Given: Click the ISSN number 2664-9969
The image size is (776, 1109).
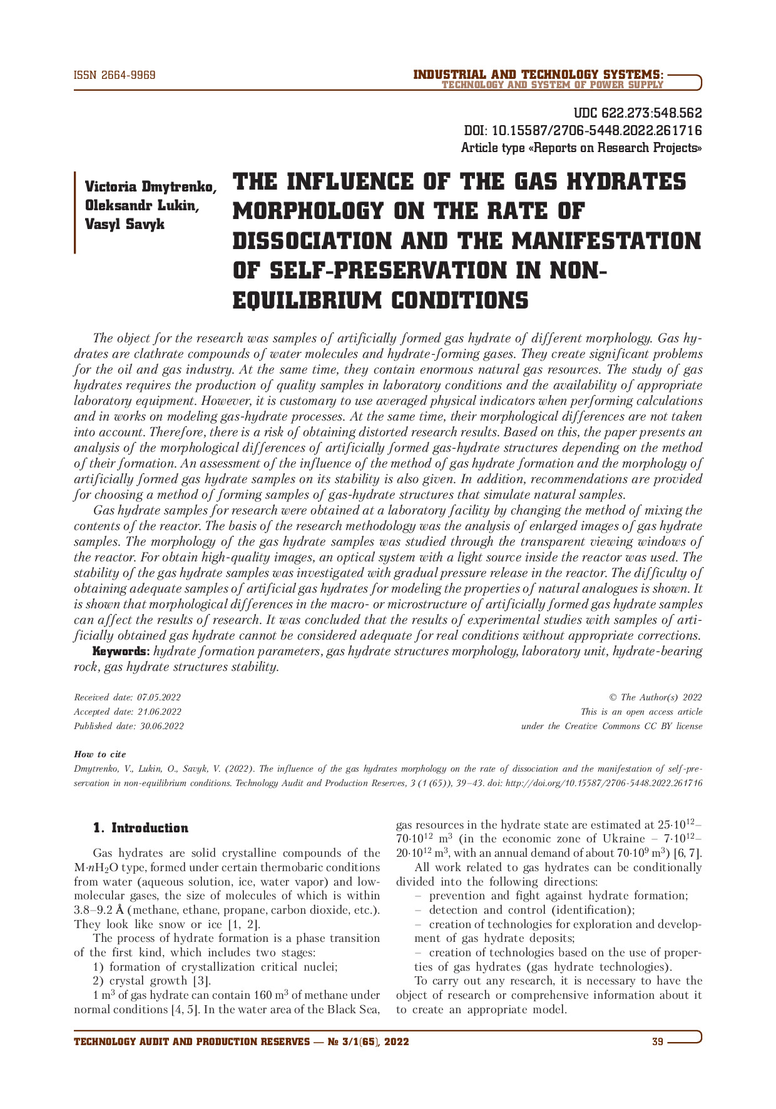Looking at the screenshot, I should pyautogui.click(x=115, y=76).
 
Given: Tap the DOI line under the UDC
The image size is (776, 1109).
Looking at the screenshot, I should pyautogui.click(x=583, y=131).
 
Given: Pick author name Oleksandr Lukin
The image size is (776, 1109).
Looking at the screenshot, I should pyautogui.click(x=142, y=205).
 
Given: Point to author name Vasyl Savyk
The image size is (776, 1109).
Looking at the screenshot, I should pyautogui.click(x=125, y=224).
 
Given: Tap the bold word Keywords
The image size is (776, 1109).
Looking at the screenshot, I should pyautogui.click(x=121, y=652).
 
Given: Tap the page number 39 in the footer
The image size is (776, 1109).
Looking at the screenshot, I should pyautogui.click(x=657, y=1042).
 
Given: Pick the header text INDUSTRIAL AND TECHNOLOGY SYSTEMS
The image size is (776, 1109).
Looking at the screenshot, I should pyautogui.click(x=538, y=75).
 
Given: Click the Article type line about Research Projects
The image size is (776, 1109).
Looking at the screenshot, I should pyautogui.click(x=581, y=148).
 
